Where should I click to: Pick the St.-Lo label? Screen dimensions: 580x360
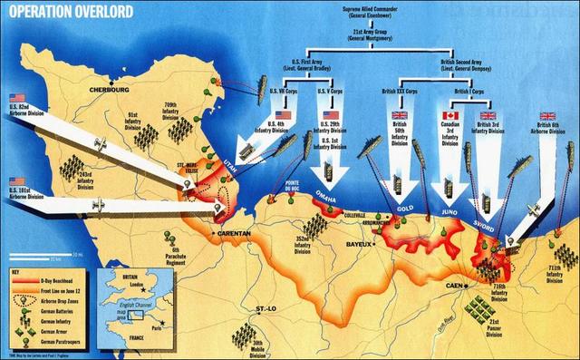pos(266,310)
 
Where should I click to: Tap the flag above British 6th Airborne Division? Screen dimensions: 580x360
pos(547,116)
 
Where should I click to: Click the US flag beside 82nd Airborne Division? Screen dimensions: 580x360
pos(16,97)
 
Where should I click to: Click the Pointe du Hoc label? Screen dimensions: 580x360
pos(293,186)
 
